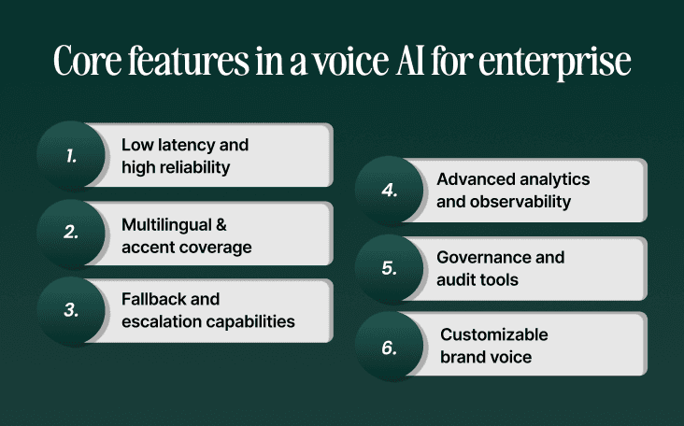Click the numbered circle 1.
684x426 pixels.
71,155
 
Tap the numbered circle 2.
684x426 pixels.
71,233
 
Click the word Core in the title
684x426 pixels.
89,62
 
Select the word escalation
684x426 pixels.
159,321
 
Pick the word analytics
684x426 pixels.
551,178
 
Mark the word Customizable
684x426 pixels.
494,334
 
